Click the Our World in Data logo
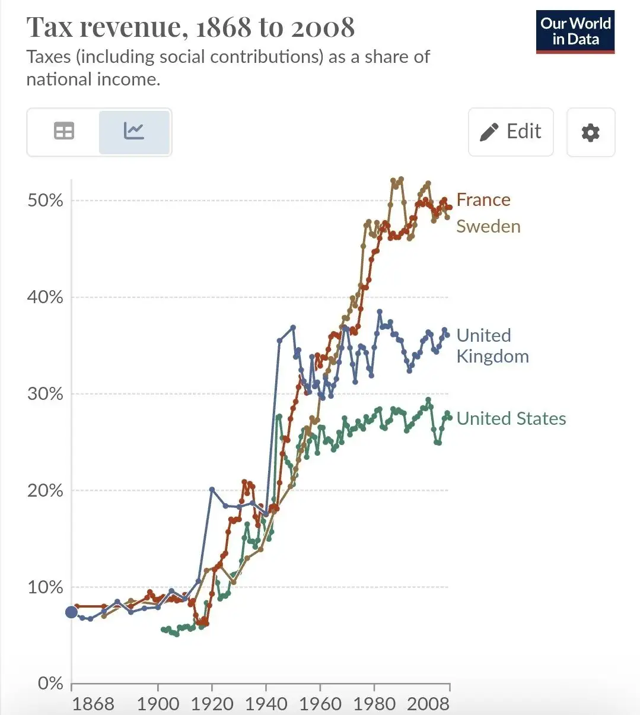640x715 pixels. [575, 32]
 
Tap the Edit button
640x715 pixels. [511, 132]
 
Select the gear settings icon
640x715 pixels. [591, 132]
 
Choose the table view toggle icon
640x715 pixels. [64, 131]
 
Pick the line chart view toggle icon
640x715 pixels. [133, 131]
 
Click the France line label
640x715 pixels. [483, 200]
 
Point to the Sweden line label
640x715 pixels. [488, 226]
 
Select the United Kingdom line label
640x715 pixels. [492, 346]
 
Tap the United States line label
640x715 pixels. [511, 418]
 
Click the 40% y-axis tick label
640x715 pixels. [45, 297]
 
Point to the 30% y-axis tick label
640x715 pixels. [45, 393]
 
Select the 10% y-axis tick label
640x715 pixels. [45, 587]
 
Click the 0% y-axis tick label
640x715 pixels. [50, 683]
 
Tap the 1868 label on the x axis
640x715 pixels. [93, 704]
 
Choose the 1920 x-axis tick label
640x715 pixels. [212, 704]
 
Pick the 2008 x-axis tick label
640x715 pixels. [428, 704]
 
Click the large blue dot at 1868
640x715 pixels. [71, 612]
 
